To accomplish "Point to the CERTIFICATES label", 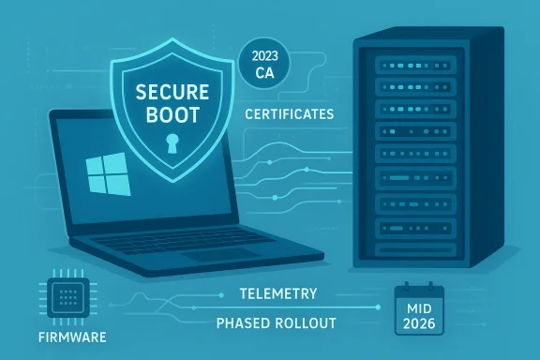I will coord(289,114).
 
